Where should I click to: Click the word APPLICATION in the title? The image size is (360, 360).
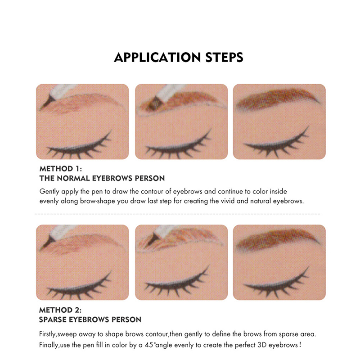(x=157, y=58)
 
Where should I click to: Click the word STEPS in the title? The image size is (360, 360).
(x=224, y=58)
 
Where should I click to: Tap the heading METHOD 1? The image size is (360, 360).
(x=61, y=169)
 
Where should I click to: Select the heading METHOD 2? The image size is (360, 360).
(x=60, y=310)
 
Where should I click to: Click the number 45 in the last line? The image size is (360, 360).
(x=149, y=345)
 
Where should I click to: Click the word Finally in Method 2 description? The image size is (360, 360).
(x=49, y=345)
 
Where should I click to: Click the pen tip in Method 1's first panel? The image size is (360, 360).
(x=47, y=103)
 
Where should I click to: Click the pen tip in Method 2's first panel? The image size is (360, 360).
(x=47, y=243)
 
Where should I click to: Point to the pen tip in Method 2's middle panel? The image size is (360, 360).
(x=152, y=238)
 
